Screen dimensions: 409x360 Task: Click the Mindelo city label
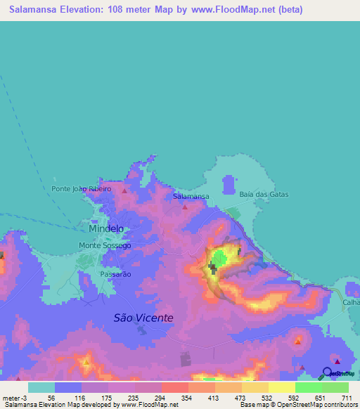coord(106,228)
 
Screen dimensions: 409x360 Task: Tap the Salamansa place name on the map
coord(191,197)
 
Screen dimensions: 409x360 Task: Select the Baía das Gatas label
coord(261,195)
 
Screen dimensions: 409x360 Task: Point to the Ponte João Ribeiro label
coord(82,189)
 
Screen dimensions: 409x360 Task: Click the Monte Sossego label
coord(104,246)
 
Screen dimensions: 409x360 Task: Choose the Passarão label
coord(115,274)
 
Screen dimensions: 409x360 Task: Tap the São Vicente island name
coord(143,318)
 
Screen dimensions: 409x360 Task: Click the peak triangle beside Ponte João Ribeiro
coord(125,190)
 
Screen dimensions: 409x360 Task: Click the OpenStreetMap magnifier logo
coord(328,372)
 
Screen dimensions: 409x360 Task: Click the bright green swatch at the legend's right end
coord(335,387)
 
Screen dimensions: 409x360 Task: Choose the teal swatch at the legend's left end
coord(41,387)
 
